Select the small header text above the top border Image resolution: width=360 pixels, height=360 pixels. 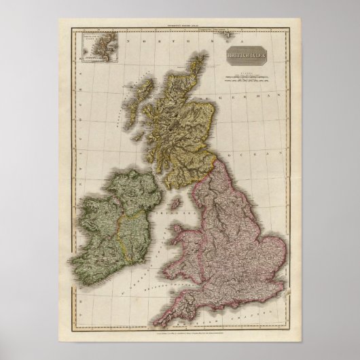[x=180, y=24]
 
